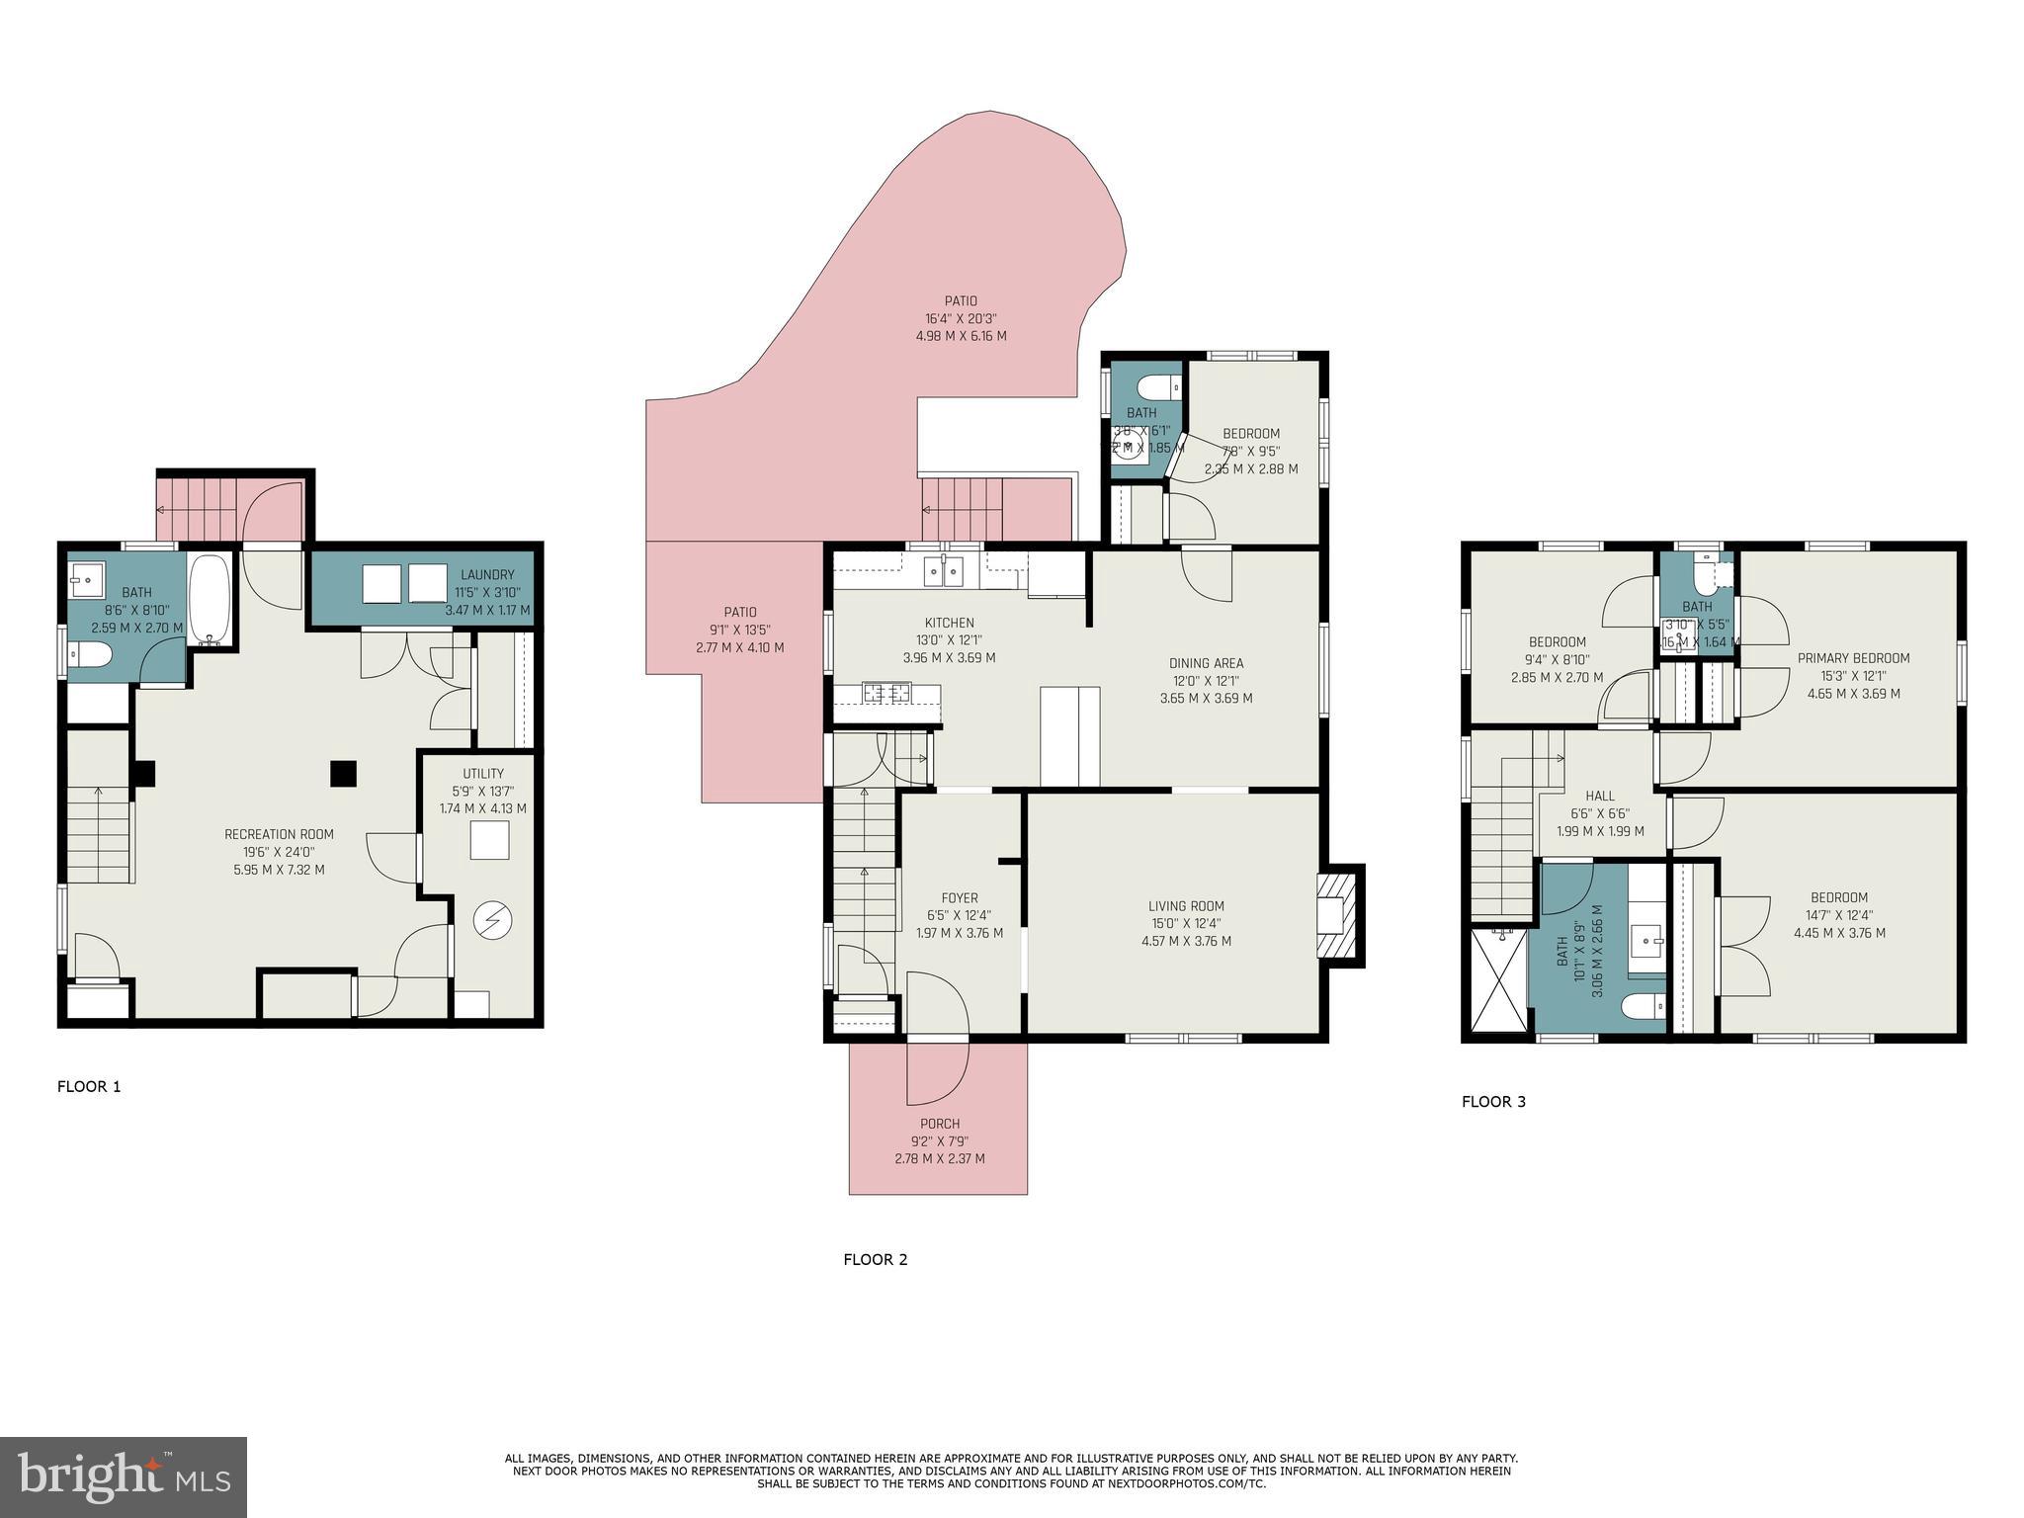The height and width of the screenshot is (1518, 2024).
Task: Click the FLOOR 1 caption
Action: (89, 1087)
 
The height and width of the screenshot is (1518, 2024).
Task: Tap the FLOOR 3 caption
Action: (1493, 1102)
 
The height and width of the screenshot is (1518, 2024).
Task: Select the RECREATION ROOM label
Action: (279, 834)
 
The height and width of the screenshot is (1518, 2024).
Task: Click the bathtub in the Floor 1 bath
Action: (210, 599)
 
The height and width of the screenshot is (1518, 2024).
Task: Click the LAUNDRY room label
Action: (487, 575)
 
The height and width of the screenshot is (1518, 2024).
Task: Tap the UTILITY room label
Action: (483, 774)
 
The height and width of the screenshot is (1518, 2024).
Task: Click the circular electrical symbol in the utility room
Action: (491, 921)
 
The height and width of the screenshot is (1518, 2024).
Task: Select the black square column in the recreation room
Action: (343, 773)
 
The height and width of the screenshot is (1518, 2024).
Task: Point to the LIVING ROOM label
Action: (1186, 906)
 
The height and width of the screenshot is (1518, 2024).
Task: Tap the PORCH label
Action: (939, 1124)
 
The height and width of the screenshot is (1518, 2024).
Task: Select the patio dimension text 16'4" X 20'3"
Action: (961, 319)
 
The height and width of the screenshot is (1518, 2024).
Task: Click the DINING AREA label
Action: (1206, 663)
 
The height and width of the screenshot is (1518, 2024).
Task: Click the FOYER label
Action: (959, 898)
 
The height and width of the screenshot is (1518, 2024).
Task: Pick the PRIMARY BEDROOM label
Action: (1853, 658)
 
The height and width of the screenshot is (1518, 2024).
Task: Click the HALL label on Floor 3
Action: (1600, 796)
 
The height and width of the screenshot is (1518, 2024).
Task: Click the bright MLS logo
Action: (124, 1477)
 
